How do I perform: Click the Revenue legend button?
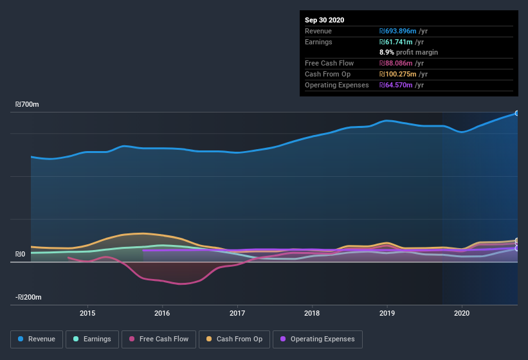(37, 339)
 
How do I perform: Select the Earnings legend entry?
(92, 339)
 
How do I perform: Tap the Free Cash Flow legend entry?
(159, 339)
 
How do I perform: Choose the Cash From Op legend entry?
(233, 339)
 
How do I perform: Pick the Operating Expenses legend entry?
(318, 339)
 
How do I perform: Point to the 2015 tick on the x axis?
(87, 313)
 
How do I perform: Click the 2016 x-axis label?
(162, 313)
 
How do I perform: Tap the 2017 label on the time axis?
(237, 313)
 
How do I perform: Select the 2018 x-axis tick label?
(312, 313)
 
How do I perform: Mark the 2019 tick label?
(387, 313)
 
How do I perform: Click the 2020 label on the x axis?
(462, 313)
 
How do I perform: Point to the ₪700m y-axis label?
(28, 104)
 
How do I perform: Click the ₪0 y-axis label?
(20, 255)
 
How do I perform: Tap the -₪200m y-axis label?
(28, 298)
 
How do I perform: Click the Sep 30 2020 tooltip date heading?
(325, 20)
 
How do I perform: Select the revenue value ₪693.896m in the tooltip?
(403, 31)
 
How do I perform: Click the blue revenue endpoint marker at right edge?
(517, 113)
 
